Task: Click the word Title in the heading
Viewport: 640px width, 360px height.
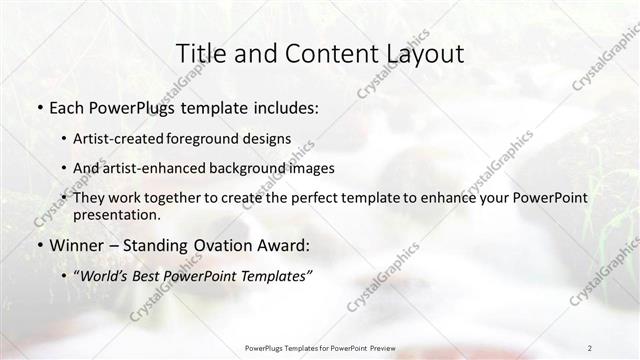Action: click(x=200, y=54)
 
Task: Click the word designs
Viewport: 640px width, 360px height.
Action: click(x=269, y=139)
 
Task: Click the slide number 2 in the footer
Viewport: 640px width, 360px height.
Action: click(x=590, y=347)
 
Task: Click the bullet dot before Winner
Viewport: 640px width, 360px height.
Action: click(x=39, y=246)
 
